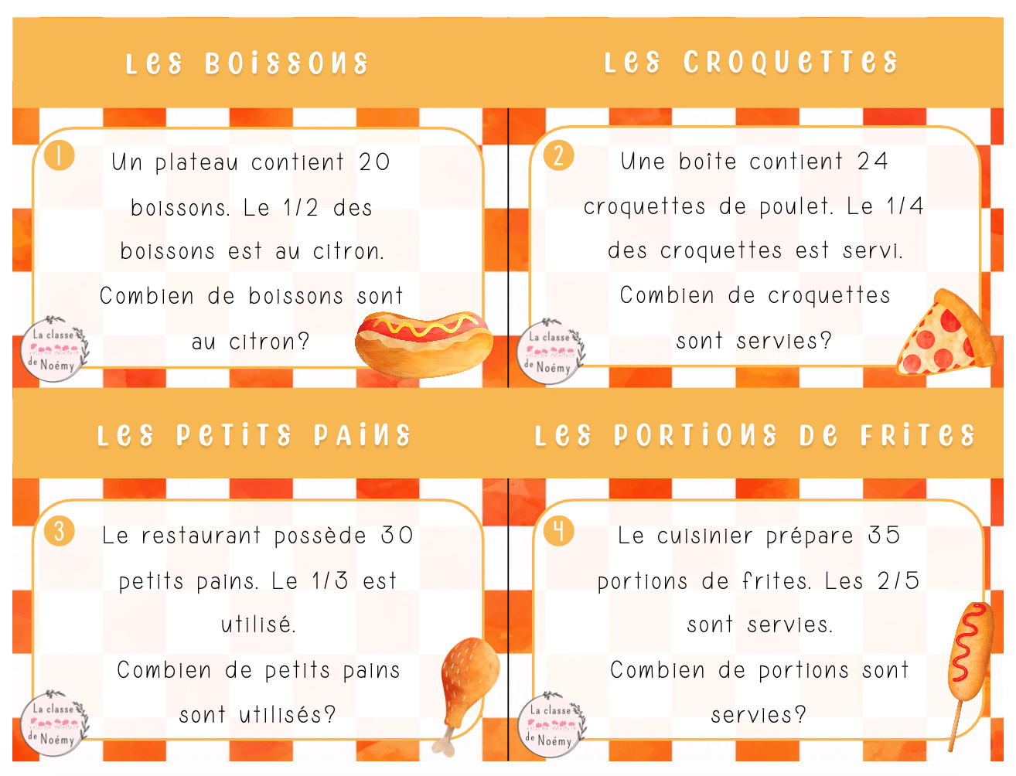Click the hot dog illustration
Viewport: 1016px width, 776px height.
424,344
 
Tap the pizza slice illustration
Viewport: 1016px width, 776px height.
944,333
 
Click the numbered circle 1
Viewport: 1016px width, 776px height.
60,155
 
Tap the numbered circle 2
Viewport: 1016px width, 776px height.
558,155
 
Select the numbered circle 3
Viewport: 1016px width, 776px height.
60,531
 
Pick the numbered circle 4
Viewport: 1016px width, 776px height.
559,531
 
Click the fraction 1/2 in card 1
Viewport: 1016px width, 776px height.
301,207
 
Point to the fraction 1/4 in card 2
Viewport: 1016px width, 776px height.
905,206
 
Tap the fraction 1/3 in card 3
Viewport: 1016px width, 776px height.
329,580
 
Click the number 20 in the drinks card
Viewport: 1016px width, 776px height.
374,162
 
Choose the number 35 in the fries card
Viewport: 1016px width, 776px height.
884,536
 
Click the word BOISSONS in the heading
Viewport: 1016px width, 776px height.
287,63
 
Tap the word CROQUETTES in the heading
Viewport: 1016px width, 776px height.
790,62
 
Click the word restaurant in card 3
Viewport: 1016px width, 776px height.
201,536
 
